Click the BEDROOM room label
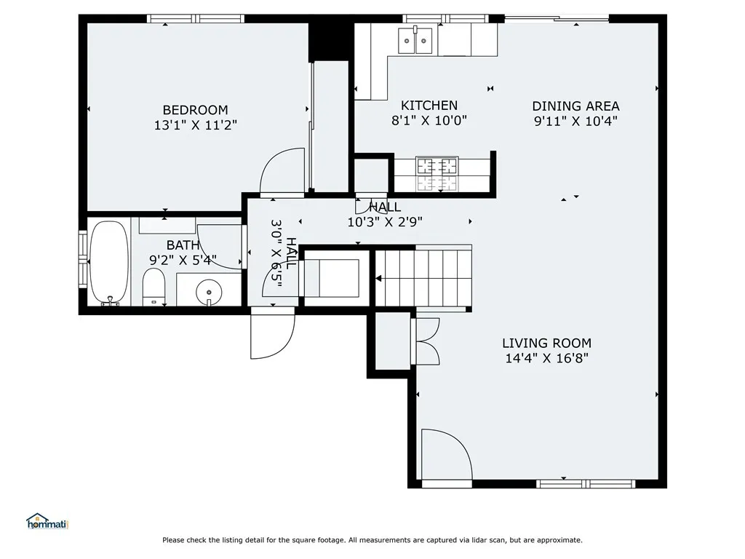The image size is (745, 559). point(195,111)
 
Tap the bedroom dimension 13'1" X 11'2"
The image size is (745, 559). point(195,125)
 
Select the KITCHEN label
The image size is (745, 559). point(429,106)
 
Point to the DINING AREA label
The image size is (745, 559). point(575,106)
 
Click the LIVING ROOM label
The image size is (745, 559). point(546,344)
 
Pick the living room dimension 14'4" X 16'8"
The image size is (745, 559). point(546,358)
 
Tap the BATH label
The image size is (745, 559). point(183,245)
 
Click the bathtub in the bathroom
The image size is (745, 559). point(109,262)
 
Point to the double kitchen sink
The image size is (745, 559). point(415,41)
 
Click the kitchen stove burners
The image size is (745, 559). point(437,173)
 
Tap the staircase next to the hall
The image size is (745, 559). point(424,277)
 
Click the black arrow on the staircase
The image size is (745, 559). point(378,279)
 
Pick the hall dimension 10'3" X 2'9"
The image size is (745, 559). point(385,222)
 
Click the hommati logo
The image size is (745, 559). point(47,521)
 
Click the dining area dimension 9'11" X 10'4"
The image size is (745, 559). point(575,122)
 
